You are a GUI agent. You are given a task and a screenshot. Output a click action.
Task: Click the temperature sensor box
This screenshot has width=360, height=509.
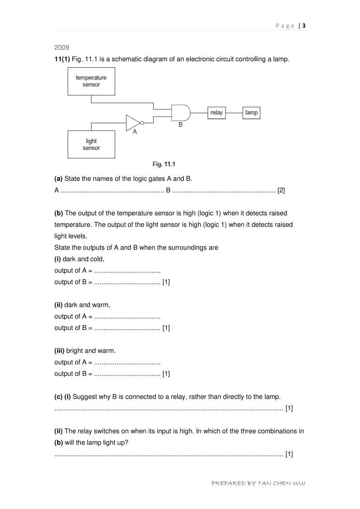[91, 81]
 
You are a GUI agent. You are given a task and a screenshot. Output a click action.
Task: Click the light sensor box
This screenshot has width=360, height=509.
[91, 144]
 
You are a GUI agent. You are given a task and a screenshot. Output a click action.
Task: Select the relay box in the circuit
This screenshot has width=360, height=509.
[216, 113]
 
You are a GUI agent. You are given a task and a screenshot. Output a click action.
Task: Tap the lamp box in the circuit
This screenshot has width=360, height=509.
[251, 113]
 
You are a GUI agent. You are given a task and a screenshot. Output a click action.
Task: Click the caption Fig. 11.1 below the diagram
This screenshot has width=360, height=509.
[164, 165]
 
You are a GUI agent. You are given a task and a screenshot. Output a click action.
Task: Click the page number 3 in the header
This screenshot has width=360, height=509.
[304, 26]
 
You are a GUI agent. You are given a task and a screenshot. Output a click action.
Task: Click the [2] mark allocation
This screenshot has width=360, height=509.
[281, 190]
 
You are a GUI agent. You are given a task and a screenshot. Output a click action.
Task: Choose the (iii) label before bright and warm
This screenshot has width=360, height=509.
[60, 351]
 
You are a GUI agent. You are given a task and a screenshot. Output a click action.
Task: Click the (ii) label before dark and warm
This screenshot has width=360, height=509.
[59, 305]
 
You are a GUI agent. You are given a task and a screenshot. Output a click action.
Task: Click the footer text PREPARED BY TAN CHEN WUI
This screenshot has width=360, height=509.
[258, 483]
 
